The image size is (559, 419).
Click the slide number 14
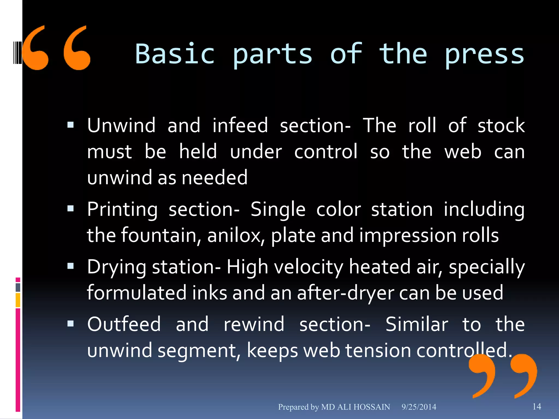[537, 406]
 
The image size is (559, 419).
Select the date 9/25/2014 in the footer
[419, 407]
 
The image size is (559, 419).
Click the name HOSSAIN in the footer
[371, 407]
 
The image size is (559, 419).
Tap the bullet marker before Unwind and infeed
[70, 125]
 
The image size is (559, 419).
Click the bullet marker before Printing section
[70, 209]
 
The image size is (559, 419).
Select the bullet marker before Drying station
[70, 266]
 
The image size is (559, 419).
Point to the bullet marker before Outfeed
[70, 324]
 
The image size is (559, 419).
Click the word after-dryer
[346, 293]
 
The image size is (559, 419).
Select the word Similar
[417, 324]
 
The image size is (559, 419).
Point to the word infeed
[240, 125]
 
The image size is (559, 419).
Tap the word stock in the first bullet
[501, 125]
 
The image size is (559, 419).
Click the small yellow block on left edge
[18, 300]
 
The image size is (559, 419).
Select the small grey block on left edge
[18, 287]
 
